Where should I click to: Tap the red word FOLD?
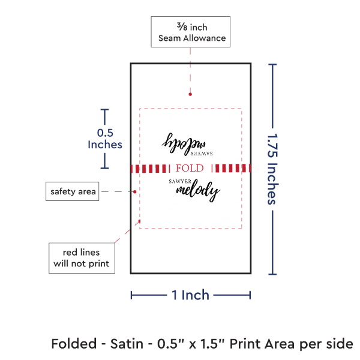[190, 168]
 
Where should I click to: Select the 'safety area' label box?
[72, 191]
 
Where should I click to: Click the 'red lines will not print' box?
[81, 257]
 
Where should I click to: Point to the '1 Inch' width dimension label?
[190, 295]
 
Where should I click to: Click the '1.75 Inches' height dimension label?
[272, 169]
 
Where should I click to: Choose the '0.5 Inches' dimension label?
[104, 139]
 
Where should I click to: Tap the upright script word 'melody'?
[198, 191]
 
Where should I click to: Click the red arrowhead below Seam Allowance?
[190, 94]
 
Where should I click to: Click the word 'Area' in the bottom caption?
[290, 344]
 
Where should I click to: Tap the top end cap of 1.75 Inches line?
[273, 64]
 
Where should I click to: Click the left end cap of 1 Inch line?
[131, 295]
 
